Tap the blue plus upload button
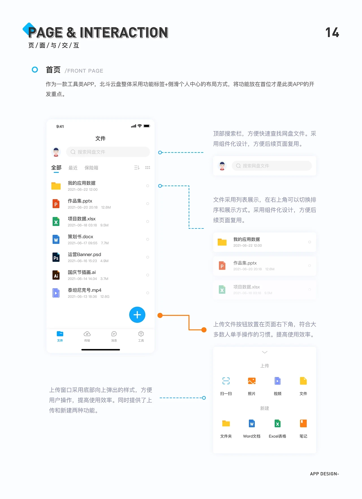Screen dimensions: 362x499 point(137,315)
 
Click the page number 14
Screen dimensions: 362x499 point(332,32)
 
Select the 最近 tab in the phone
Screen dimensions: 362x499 point(73,168)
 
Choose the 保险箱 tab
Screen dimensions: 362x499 point(91,168)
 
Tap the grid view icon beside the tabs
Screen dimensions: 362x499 point(148,168)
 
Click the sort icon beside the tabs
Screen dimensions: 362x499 point(137,168)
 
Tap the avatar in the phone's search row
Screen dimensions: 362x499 point(56,152)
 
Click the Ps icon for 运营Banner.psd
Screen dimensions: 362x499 point(56,257)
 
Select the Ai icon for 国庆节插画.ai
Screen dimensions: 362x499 point(56,275)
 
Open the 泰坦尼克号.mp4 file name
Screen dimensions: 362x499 point(85,290)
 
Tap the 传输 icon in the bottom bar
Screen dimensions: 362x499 point(87,334)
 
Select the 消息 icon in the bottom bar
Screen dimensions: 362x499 point(114,334)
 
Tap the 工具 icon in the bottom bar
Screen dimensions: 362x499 point(141,334)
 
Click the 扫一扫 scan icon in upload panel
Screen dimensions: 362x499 point(226,381)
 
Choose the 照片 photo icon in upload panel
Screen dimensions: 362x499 point(252,381)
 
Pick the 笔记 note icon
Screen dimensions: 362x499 point(303,424)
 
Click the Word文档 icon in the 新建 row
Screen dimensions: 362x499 point(252,424)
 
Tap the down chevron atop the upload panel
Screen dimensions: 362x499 point(265,352)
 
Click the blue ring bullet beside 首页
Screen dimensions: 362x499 point(35,69)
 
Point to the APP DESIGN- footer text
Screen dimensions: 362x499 point(324,474)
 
